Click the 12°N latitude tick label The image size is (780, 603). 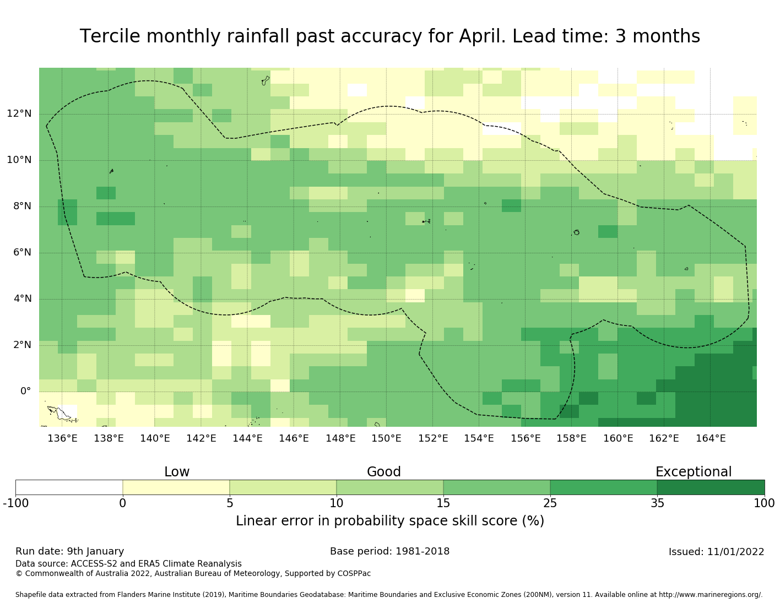[19, 114]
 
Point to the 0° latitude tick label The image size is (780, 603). [26, 392]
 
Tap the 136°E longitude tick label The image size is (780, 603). [62, 438]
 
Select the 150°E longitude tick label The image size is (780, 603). [386, 438]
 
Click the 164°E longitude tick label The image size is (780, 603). [711, 438]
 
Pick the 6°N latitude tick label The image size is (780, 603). [22, 253]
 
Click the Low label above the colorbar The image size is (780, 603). [177, 472]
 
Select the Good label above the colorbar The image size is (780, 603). [384, 472]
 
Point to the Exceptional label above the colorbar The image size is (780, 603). [694, 472]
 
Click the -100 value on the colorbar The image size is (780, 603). [15, 503]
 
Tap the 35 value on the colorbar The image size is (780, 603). [657, 503]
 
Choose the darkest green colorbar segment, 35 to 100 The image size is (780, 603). [711, 487]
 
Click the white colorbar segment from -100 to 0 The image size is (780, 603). [69, 487]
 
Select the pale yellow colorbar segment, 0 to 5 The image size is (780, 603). [176, 487]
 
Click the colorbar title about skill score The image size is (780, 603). [390, 521]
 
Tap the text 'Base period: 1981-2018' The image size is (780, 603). [389, 551]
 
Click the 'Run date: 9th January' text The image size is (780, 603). [70, 551]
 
